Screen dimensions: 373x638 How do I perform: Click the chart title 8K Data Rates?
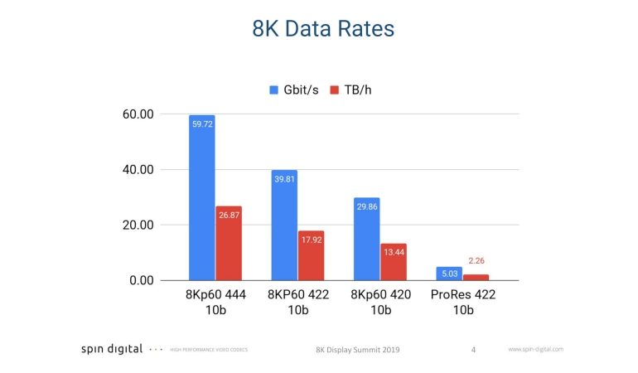(323, 29)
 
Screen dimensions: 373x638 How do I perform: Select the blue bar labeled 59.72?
(202, 199)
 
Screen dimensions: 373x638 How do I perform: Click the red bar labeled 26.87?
(229, 245)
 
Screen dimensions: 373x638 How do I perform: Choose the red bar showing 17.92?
(311, 256)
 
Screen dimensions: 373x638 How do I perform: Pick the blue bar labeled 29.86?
(366, 240)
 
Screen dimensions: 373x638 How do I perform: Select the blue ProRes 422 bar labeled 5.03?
(448, 274)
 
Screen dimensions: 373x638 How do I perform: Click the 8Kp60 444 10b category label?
(215, 303)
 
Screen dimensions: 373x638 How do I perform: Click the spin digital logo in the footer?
(112, 349)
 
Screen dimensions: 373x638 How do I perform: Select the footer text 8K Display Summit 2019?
(358, 350)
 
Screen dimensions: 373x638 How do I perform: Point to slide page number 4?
(473, 350)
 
